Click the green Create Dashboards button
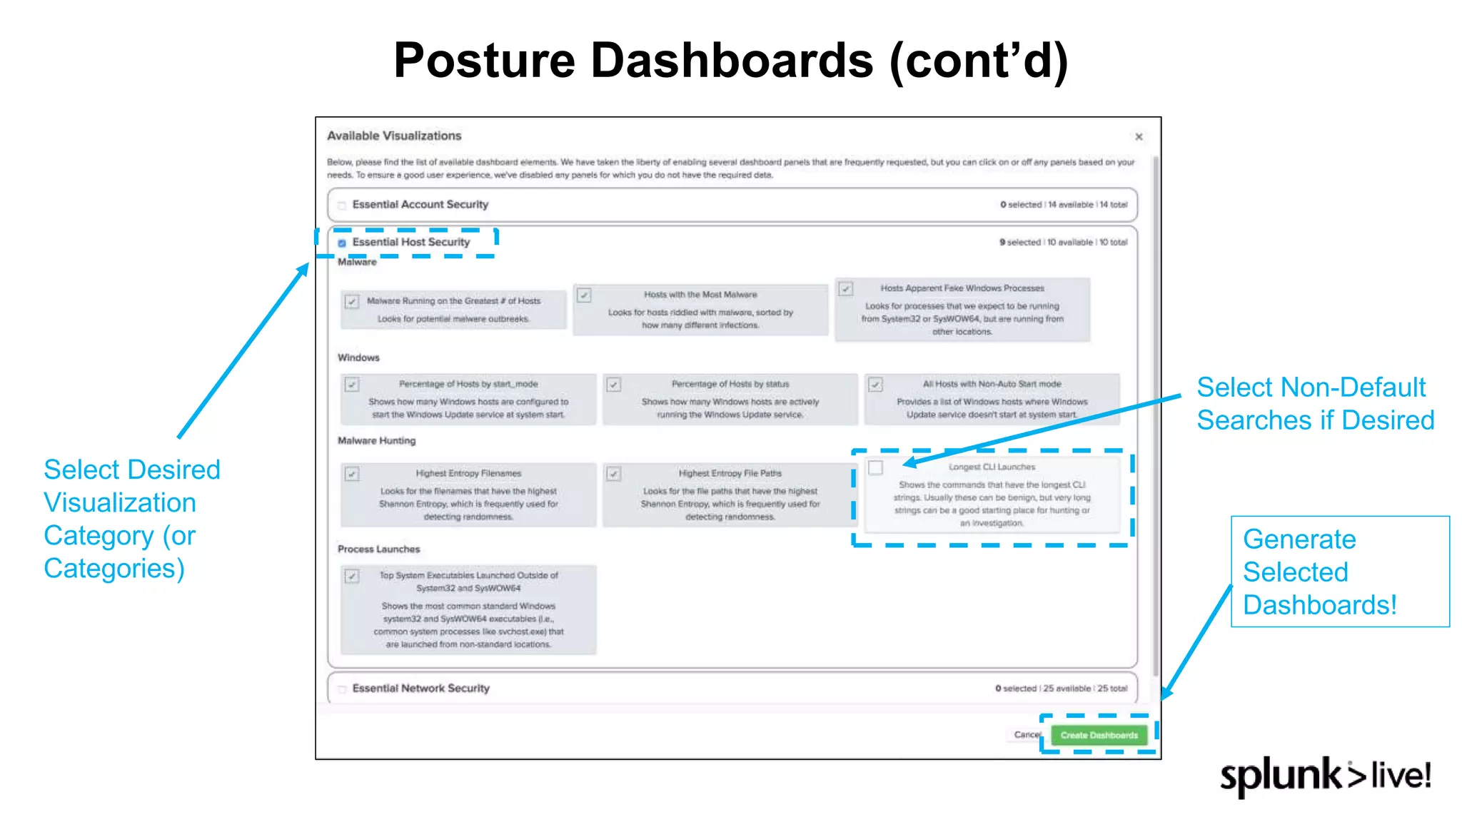click(x=1099, y=735)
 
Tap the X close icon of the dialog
click(x=1139, y=137)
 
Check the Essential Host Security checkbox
click(x=342, y=243)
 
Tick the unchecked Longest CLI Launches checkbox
click(x=876, y=468)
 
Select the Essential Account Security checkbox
click(x=342, y=205)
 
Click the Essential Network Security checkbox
click(x=342, y=689)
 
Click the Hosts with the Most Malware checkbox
click(x=584, y=295)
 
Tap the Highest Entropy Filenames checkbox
click(x=352, y=474)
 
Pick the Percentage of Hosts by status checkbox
click(x=613, y=385)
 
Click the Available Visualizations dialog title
click(x=394, y=136)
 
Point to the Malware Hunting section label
click(x=376, y=441)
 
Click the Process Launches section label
click(x=378, y=549)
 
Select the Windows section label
click(x=358, y=357)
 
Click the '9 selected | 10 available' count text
click(x=1063, y=243)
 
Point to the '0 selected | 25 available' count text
click(x=1061, y=689)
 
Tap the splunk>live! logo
click(x=1325, y=776)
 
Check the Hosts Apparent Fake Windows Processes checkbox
click(x=846, y=289)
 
